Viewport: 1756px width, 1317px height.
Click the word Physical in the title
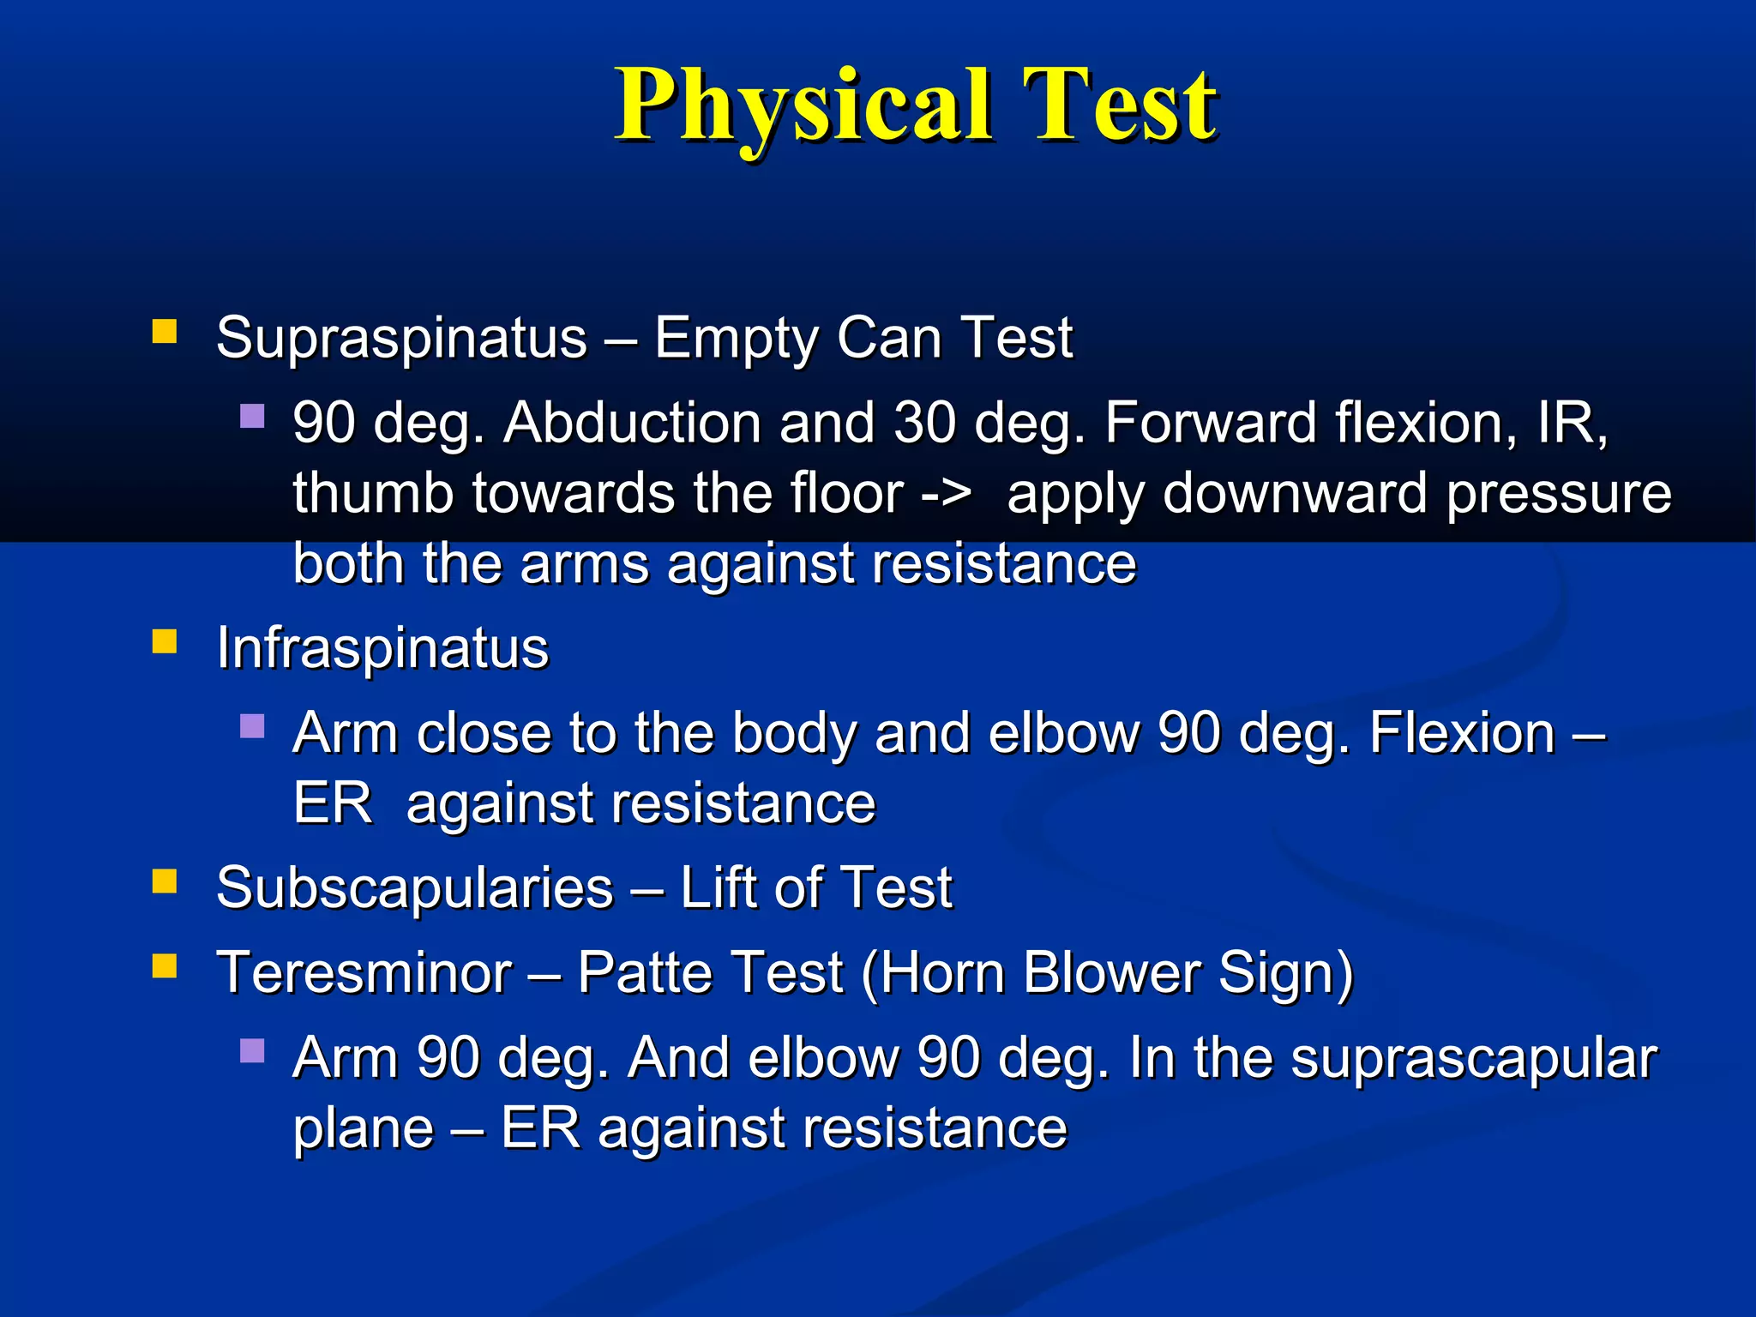coord(804,106)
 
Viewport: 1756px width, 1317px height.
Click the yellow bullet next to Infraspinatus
coord(164,641)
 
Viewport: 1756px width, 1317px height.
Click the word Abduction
coord(633,424)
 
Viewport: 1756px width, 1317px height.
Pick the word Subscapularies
coord(415,888)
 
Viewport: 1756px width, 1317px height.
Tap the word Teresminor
coord(364,974)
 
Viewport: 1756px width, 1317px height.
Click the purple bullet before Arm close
coord(252,727)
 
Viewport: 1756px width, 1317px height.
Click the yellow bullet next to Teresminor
coord(164,966)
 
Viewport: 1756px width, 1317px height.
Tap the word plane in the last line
coord(364,1130)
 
